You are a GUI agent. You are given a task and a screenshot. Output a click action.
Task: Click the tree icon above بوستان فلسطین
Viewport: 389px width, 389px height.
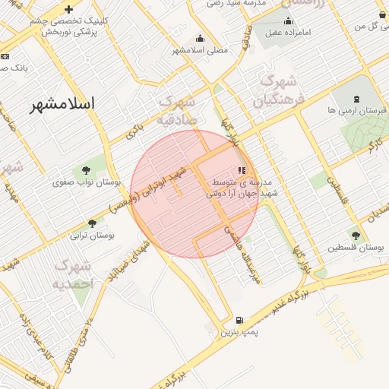[356, 235]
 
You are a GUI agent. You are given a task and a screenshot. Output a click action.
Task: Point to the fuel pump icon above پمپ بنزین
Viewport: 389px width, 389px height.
[240, 321]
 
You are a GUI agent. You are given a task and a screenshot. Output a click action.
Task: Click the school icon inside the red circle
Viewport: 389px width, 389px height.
[242, 171]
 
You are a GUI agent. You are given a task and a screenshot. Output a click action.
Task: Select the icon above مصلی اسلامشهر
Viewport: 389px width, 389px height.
[200, 38]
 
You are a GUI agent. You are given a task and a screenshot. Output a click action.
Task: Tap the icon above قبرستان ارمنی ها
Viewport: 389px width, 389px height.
[356, 99]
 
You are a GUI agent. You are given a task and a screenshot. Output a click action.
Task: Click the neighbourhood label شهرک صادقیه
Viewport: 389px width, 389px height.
[178, 110]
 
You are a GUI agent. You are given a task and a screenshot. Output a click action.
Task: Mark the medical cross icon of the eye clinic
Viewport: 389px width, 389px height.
[69, 10]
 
